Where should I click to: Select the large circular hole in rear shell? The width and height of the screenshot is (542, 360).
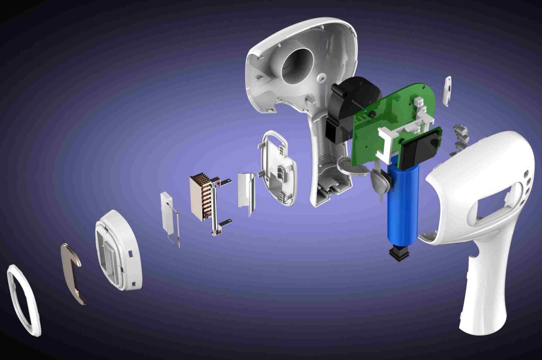(297, 66)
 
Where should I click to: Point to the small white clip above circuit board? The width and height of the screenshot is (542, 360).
(447, 90)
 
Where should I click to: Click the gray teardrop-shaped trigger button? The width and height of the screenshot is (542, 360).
(381, 183)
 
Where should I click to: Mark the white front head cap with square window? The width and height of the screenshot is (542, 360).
(118, 249)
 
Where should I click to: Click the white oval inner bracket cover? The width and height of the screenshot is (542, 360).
(278, 169)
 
